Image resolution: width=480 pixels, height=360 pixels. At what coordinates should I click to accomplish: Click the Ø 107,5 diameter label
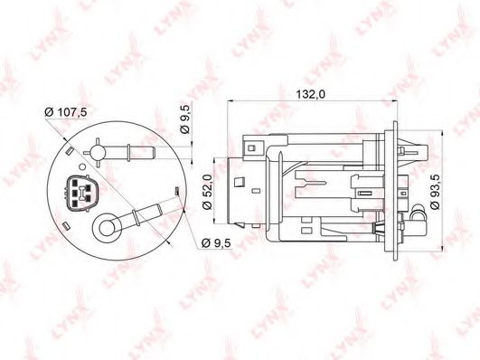point(66,112)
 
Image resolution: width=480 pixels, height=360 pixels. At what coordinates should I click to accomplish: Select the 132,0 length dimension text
point(310,94)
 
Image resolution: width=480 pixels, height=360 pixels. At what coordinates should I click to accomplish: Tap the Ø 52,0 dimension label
point(207,192)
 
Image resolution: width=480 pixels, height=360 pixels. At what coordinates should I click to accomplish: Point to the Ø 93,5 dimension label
point(435,192)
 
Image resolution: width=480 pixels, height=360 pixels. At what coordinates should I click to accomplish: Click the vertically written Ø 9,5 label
point(185,118)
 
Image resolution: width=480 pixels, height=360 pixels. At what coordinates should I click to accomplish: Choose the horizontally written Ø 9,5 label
point(216,243)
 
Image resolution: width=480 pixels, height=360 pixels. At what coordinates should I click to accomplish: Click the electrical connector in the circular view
point(81,193)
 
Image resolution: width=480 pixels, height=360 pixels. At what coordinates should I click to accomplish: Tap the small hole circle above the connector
point(82,167)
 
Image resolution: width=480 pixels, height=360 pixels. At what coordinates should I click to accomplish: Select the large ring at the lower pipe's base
point(107,228)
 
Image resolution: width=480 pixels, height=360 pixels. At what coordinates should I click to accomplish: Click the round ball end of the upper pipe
point(98,153)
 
